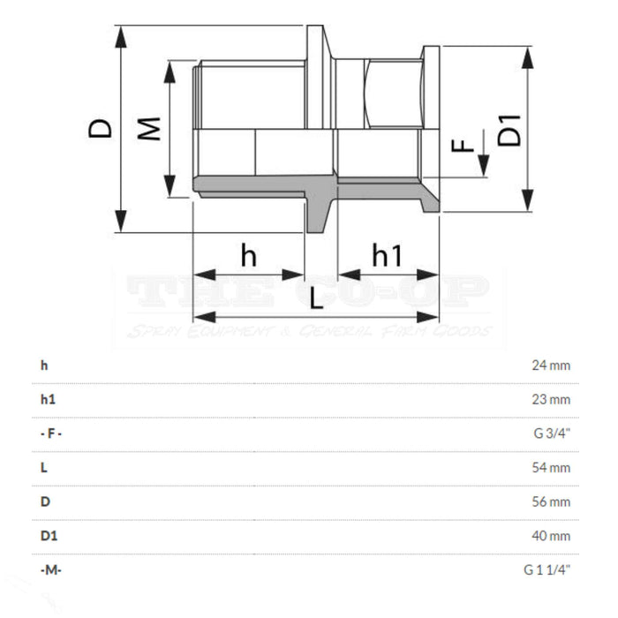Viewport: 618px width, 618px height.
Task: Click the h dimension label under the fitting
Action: (249, 256)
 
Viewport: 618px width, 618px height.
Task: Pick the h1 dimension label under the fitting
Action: (387, 256)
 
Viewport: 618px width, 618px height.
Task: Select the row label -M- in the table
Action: (50, 570)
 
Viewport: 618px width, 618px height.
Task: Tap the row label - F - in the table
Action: (50, 433)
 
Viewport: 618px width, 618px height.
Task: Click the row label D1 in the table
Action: (48, 536)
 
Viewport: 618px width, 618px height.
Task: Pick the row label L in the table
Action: (43, 468)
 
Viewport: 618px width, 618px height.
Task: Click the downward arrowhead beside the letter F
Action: (484, 166)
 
